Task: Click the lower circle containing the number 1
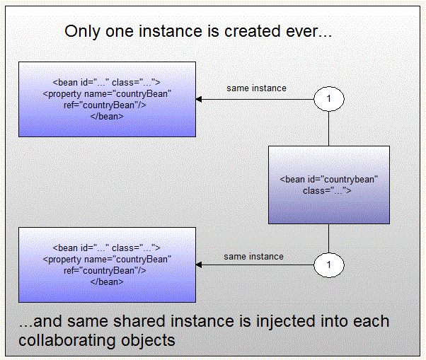tap(329, 265)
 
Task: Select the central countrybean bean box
tap(328, 185)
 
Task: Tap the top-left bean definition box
tap(107, 99)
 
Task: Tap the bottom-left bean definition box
tap(107, 265)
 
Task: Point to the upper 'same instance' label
tap(256, 88)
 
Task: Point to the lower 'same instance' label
tap(253, 256)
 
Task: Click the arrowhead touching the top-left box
tap(200, 100)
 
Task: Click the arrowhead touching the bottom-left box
tap(200, 265)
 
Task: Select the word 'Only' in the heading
tap(81, 32)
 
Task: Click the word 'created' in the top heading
tap(250, 32)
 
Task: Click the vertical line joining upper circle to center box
tap(329, 129)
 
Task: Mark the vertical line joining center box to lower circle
tap(329, 238)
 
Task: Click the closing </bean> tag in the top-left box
tap(108, 115)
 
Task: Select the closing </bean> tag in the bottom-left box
tap(108, 281)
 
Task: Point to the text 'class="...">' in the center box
tap(328, 190)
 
